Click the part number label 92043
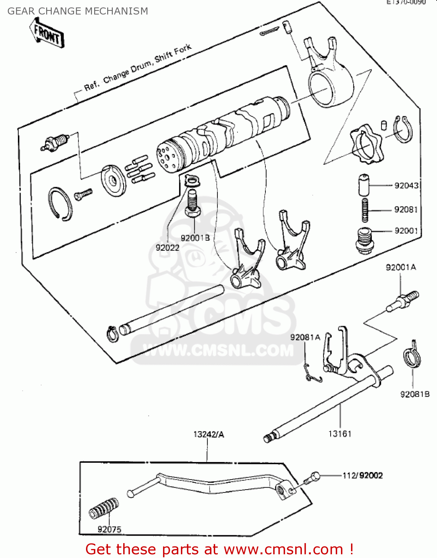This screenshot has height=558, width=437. tap(406, 185)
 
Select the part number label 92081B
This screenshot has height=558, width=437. tap(415, 394)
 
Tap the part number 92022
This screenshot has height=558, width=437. tap(168, 247)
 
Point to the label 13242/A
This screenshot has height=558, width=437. tap(208, 434)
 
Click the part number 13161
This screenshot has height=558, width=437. tap(339, 433)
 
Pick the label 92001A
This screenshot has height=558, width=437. tap(401, 267)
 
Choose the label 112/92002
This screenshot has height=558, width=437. tap(363, 475)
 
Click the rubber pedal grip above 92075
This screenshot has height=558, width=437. tap(104, 509)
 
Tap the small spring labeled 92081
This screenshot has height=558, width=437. tap(365, 210)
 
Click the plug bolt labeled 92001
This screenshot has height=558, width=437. tap(364, 241)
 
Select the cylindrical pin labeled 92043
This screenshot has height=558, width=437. tap(364, 185)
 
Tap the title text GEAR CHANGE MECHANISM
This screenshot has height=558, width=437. tap(78, 11)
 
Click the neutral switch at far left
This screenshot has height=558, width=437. tap(55, 143)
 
